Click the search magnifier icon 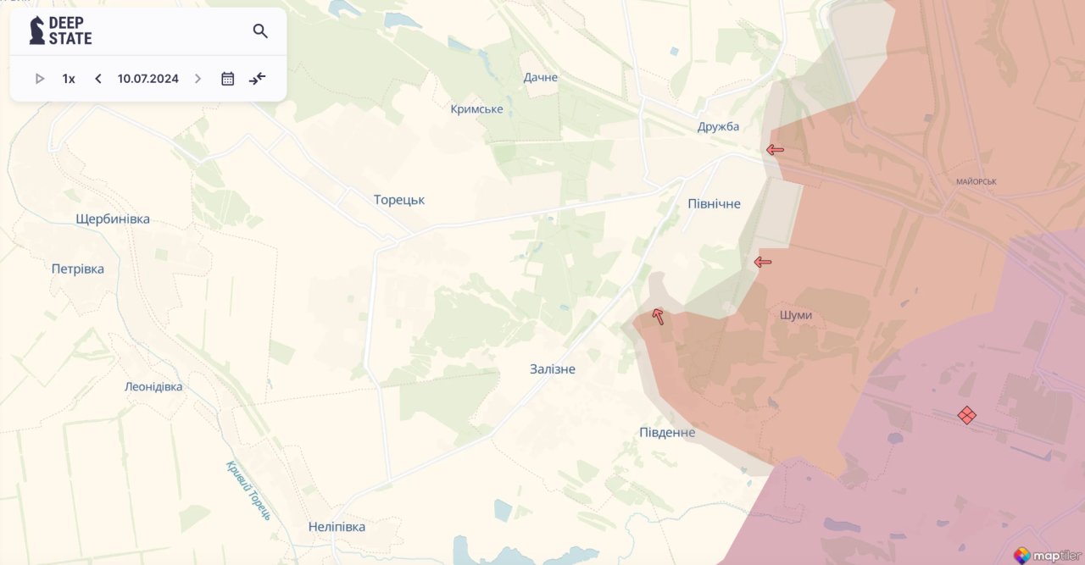(260, 31)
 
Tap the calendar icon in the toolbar (227, 79)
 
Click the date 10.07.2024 (148, 79)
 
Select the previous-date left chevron (98, 79)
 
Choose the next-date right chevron (198, 79)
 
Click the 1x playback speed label (69, 79)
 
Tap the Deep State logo (60, 30)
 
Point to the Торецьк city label (399, 200)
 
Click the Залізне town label (553, 369)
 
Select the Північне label (714, 204)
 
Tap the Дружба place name (718, 127)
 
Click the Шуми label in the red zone (796, 315)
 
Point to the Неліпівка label (337, 527)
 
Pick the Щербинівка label (113, 219)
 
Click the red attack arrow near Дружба (775, 150)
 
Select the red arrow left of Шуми (763, 262)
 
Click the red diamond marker (966, 415)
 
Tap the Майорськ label (976, 182)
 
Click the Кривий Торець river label (248, 490)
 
